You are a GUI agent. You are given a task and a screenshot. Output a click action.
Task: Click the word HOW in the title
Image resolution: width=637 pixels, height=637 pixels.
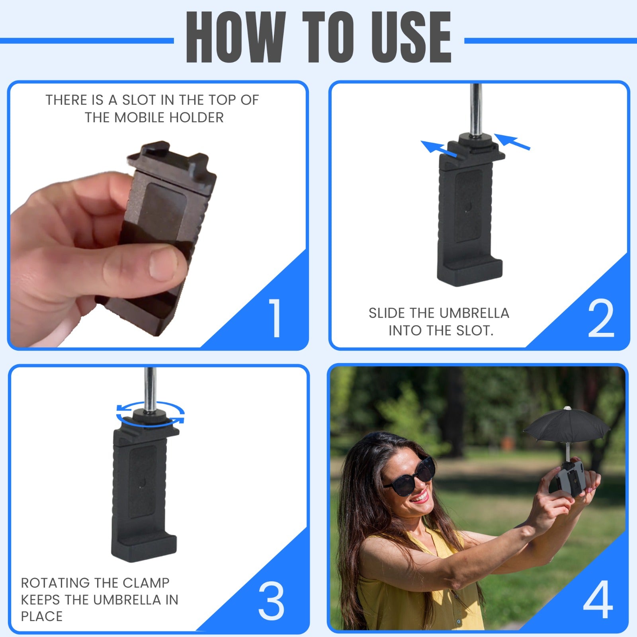pos(236,37)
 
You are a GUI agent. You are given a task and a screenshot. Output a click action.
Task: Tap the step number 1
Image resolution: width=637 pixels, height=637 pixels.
pos(275,318)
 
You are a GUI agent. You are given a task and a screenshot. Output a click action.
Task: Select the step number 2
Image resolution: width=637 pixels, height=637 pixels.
pos(601,318)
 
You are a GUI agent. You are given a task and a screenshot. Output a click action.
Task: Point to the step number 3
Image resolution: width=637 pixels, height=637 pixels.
pos(271,601)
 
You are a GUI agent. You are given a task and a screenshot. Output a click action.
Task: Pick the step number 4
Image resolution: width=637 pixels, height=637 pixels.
pos(598,599)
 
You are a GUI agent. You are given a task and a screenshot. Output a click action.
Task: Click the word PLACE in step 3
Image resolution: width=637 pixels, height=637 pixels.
pos(42,616)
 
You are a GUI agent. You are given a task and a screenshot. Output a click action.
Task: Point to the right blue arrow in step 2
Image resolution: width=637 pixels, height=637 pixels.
pos(512,141)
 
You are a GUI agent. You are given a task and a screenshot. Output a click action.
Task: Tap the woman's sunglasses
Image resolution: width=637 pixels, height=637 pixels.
pos(410,478)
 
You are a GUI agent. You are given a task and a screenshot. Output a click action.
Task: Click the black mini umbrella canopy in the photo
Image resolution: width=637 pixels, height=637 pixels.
pos(567,424)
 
